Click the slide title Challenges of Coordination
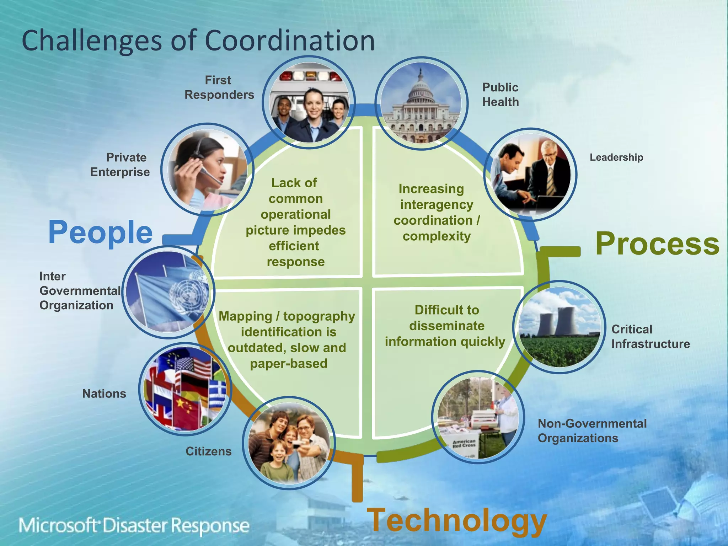[198, 41]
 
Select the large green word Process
[657, 244]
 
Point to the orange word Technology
[456, 520]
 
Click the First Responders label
[219, 87]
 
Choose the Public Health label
[500, 95]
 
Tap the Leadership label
[616, 157]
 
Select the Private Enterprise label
[120, 165]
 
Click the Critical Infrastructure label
[650, 337]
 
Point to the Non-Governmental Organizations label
[592, 430]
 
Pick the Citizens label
[208, 451]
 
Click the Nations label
[104, 394]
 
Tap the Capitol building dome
[421, 89]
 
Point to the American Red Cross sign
[464, 443]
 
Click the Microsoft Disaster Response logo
[134, 526]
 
